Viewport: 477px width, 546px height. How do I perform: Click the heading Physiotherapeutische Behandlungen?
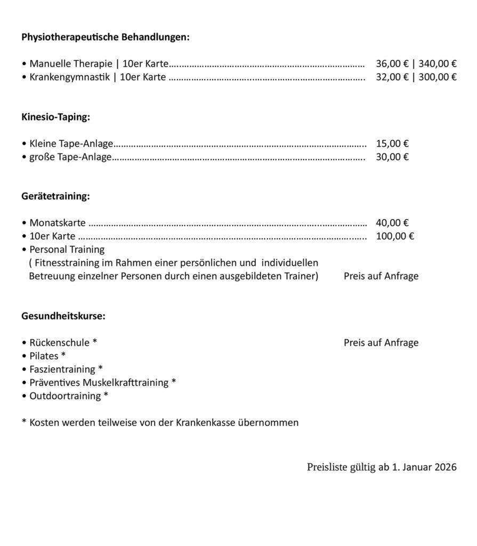tap(105, 37)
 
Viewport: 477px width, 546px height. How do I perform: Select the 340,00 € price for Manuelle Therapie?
tap(438, 63)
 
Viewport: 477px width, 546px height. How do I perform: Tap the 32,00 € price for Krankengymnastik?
tap(392, 77)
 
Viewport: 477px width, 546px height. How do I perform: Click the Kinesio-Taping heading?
tap(55, 117)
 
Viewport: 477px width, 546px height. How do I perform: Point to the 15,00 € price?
tap(392, 143)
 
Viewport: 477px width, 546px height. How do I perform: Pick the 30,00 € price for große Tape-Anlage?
tap(392, 157)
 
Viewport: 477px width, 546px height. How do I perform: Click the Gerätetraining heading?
tap(55, 197)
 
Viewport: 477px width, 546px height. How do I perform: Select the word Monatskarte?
tap(58, 223)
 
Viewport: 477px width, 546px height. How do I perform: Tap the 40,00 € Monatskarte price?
tap(392, 223)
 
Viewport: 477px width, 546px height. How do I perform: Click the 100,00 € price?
tap(395, 236)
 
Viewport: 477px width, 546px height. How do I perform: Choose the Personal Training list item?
tap(67, 250)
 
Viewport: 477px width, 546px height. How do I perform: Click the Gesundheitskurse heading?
tap(63, 316)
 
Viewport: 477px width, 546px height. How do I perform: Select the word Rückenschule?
tap(60, 343)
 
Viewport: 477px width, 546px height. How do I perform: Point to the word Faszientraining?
tap(62, 369)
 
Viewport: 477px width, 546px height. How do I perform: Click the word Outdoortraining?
tap(65, 396)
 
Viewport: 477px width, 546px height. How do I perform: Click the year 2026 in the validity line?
tap(445, 468)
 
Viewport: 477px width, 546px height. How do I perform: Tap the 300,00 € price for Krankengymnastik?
tap(438, 77)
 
